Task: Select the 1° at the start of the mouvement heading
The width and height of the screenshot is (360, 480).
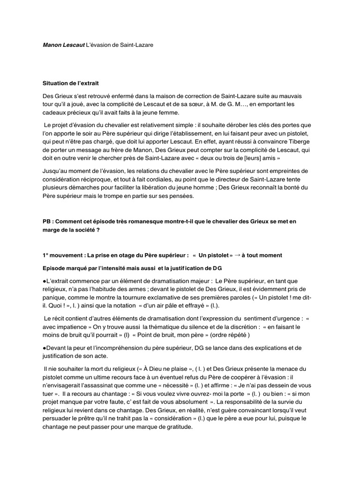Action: [x=45, y=255]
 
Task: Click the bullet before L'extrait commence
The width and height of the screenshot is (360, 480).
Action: [x=44, y=280]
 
